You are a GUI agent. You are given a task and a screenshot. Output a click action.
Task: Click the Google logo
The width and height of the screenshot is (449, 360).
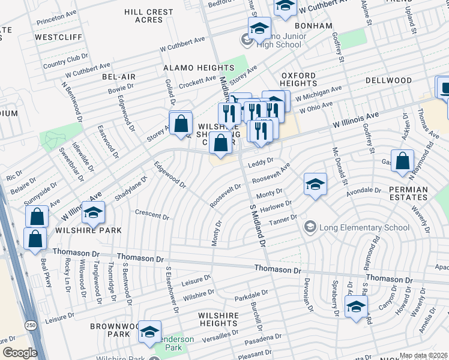(19, 353)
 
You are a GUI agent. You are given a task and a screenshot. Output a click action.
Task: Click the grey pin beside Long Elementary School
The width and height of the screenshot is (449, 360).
(310, 227)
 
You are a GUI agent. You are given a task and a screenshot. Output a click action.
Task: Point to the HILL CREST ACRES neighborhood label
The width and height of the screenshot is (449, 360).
(148, 16)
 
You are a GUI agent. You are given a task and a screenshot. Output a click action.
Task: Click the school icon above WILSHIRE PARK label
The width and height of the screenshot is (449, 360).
(94, 212)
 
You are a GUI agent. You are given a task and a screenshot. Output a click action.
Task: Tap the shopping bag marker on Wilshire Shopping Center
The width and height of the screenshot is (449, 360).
(221, 143)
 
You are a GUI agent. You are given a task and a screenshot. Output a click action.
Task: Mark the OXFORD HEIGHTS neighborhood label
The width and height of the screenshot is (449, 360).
(298, 79)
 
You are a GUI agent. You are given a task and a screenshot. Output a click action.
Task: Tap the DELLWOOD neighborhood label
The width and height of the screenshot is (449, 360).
(388, 80)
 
